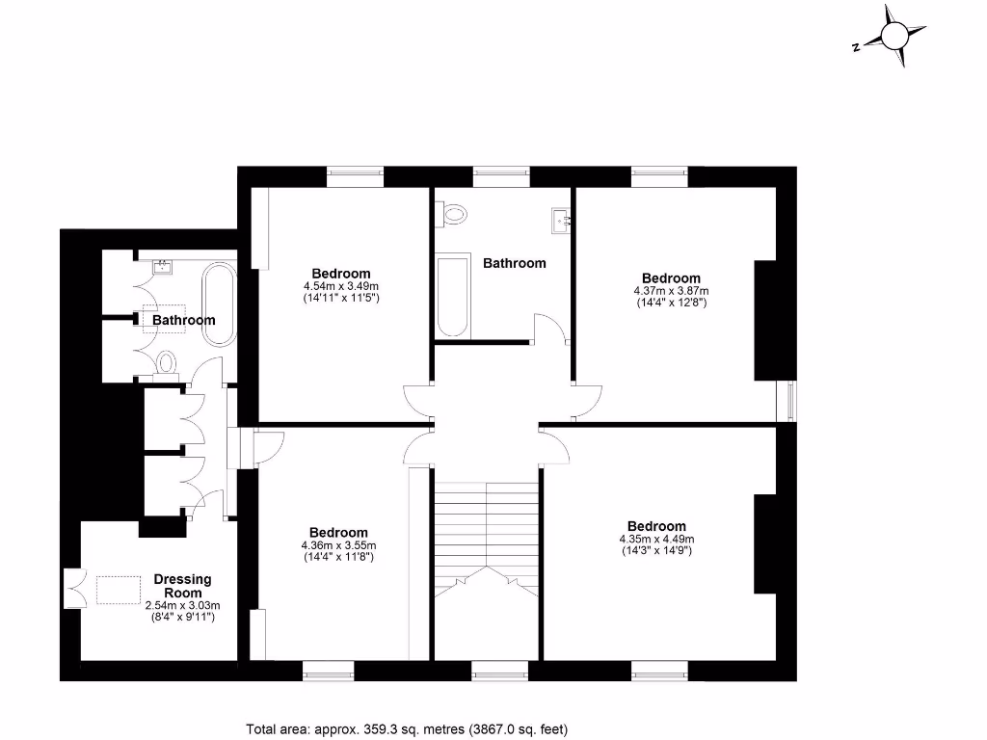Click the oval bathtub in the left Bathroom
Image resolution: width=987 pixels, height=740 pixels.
[218, 306]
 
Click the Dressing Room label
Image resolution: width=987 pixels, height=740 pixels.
[182, 586]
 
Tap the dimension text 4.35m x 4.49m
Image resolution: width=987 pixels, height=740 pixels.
[656, 539]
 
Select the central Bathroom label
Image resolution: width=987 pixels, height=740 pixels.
[514, 263]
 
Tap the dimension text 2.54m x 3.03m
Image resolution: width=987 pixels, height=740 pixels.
[182, 605]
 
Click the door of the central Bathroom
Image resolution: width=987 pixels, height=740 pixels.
[548, 329]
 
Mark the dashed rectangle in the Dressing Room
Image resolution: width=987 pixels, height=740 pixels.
[118, 589]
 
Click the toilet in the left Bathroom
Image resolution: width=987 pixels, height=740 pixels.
[166, 363]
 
